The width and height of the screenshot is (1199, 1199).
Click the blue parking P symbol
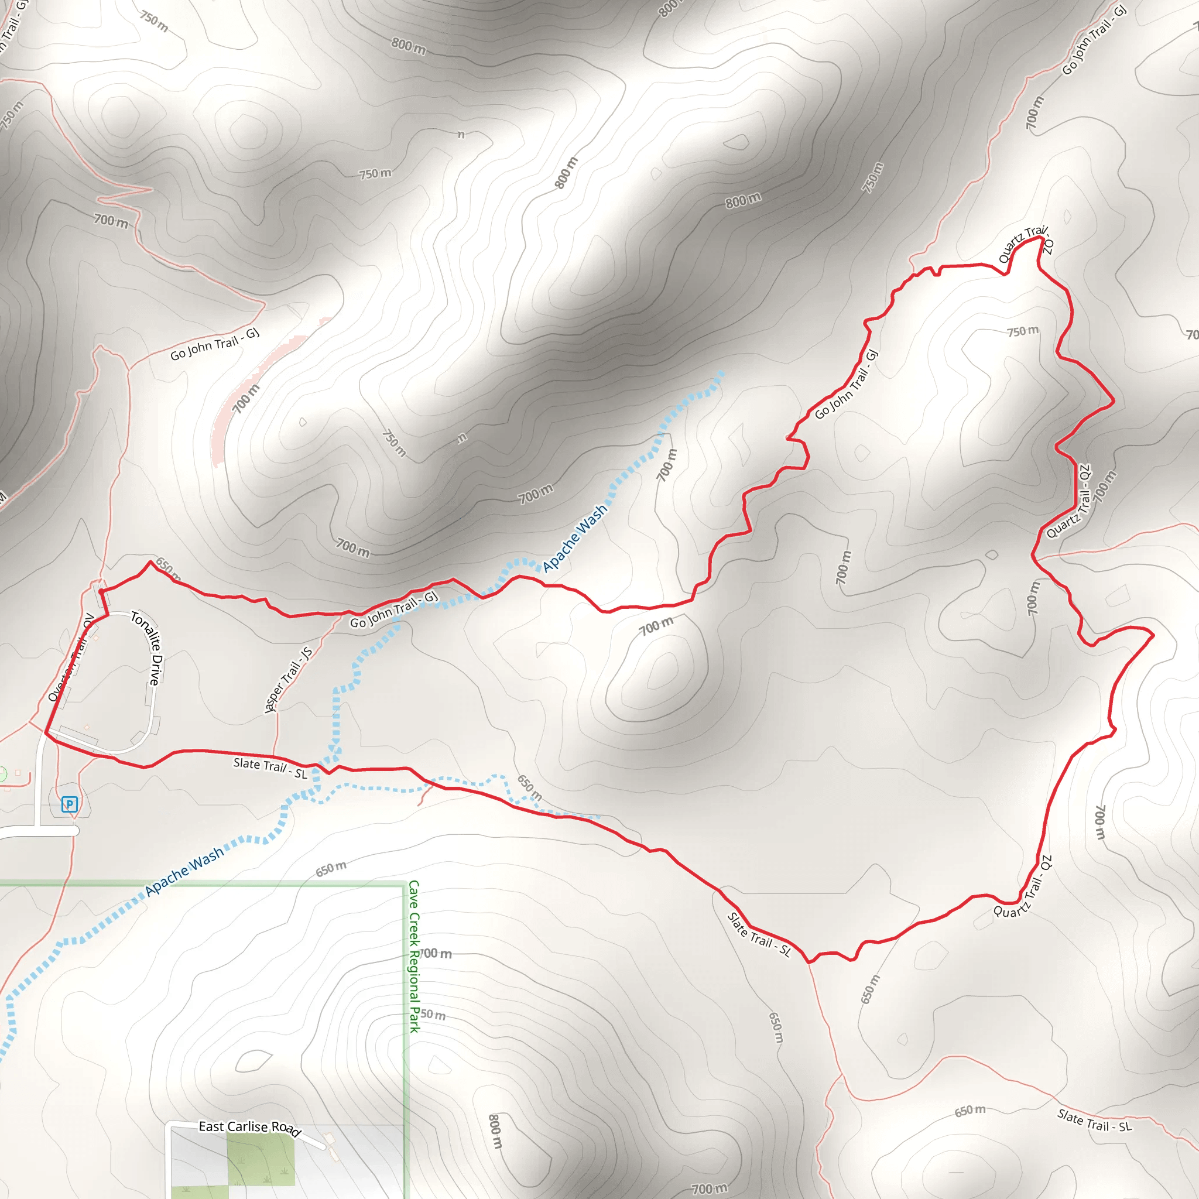pyautogui.click(x=70, y=805)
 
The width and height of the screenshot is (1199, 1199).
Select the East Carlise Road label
pyautogui.click(x=249, y=1127)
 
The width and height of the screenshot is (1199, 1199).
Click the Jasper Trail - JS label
pyautogui.click(x=288, y=680)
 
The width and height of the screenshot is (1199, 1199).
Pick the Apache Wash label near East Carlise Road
pyautogui.click(x=184, y=871)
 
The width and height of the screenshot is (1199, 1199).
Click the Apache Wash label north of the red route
pyautogui.click(x=575, y=537)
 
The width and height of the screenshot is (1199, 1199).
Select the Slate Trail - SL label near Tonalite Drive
pyautogui.click(x=270, y=768)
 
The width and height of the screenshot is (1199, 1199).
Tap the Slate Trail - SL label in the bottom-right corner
pyautogui.click(x=1095, y=1120)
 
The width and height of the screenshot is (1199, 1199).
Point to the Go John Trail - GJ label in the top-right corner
pyautogui.click(x=1094, y=39)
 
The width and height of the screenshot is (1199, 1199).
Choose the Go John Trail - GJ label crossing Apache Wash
pyautogui.click(x=394, y=609)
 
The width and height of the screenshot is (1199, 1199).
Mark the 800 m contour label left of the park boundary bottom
pyautogui.click(x=495, y=1131)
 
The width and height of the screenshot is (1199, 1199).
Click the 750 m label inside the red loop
pyautogui.click(x=1023, y=331)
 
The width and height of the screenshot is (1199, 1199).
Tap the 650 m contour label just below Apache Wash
pyautogui.click(x=331, y=869)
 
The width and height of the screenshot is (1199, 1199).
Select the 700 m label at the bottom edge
pyautogui.click(x=710, y=1189)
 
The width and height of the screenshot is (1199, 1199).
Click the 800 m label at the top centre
pyautogui.click(x=409, y=45)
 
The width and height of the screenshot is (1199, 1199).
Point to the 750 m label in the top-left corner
pyautogui.click(x=153, y=21)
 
